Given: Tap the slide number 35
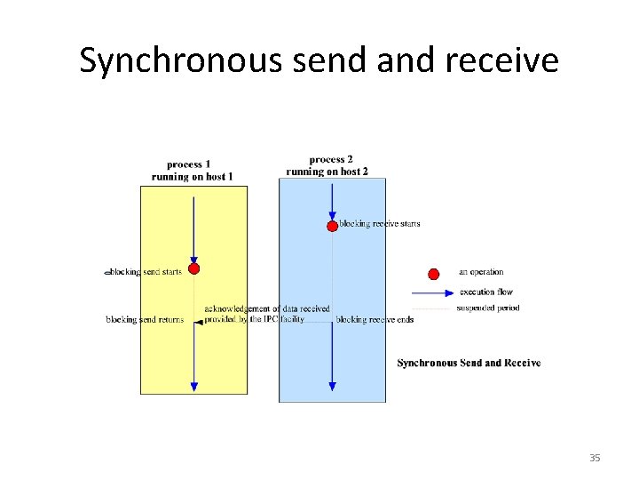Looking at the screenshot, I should [x=595, y=458].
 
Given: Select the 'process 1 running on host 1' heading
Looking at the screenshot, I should [x=193, y=170].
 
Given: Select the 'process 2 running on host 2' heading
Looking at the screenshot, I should [x=327, y=165].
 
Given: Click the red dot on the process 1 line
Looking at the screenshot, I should [x=193, y=268].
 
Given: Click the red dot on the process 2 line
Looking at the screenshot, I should [x=332, y=226].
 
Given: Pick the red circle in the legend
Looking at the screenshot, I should [x=434, y=273].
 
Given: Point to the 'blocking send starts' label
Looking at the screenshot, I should [x=146, y=271].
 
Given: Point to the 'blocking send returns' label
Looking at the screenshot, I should [x=145, y=319].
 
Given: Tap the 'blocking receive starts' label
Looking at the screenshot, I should [x=380, y=224].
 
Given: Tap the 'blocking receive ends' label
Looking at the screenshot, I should [x=375, y=319].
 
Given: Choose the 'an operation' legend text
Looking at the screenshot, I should [x=481, y=272].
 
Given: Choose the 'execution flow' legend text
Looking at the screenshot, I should [x=485, y=292].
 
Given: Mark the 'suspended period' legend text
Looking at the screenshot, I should [x=487, y=308].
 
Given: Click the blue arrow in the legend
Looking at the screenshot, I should [x=433, y=292].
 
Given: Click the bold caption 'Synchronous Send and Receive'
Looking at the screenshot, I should [x=469, y=363].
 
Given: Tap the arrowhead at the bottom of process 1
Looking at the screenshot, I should [x=193, y=386].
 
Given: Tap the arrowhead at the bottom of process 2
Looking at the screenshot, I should [x=332, y=386].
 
